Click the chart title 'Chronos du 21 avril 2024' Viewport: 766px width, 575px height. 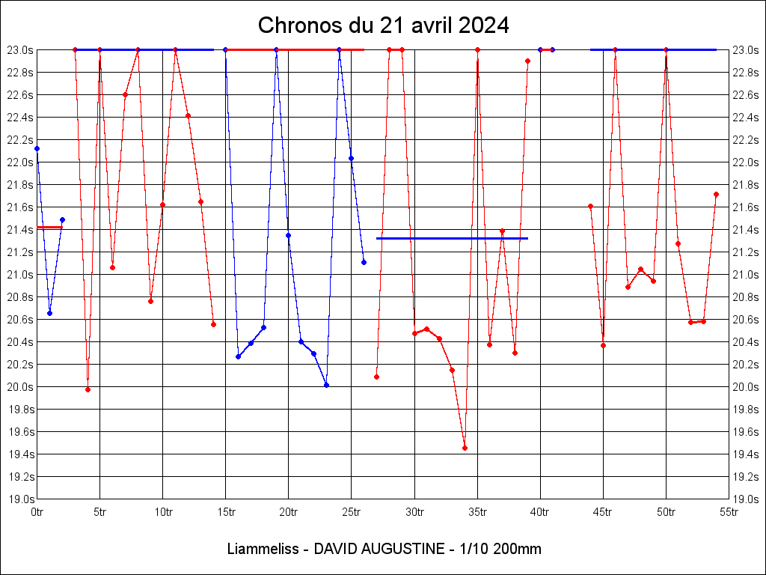tap(383, 25)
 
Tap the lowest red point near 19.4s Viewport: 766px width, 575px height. tap(465, 448)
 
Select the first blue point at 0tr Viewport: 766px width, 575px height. tap(37, 148)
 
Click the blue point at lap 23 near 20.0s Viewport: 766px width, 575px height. tap(326, 385)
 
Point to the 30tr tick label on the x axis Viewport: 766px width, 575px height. tap(415, 512)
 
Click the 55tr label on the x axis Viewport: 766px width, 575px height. tap(729, 512)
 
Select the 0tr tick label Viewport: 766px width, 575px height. tap(37, 512)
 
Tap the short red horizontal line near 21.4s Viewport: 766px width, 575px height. tap(49, 227)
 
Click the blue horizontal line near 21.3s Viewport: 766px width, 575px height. tap(452, 238)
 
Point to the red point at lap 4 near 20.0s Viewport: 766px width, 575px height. tap(88, 389)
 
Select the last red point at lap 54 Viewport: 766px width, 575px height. tap(716, 194)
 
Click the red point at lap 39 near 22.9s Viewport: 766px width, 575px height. tap(527, 61)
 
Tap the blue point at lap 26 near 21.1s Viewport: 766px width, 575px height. tap(364, 262)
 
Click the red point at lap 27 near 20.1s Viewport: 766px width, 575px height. tap(376, 377)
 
